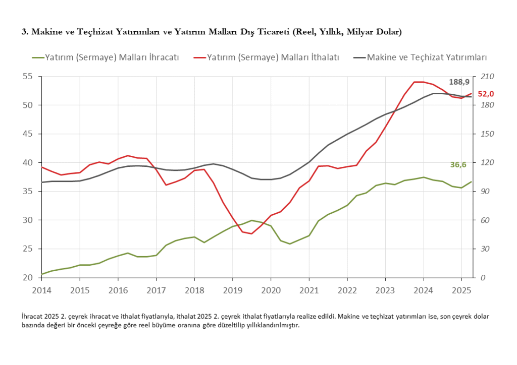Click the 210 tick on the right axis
pos(487,77)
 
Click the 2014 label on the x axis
pos(41,291)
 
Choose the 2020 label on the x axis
pos(271,291)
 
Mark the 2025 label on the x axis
pos(461,291)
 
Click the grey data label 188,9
pos(459,82)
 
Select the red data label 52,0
pos(486,94)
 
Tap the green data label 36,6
pos(458,164)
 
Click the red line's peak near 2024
pos(419,82)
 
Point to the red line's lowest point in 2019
pos(251,233)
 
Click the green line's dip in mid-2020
pos(290,244)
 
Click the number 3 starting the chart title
pos(24,32)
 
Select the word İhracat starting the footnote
pos(35,317)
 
